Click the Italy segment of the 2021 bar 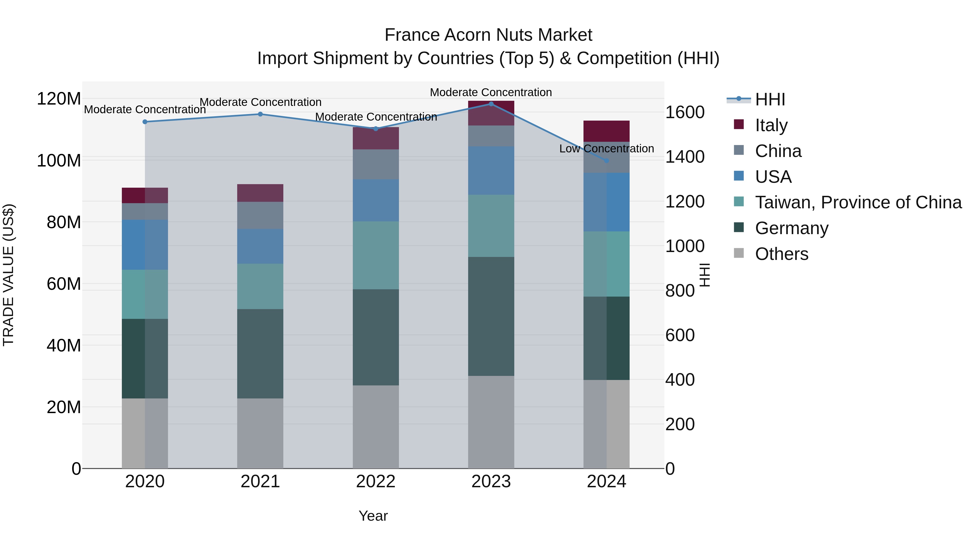tap(260, 193)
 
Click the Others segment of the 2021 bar tap(260, 433)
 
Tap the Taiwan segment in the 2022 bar tap(376, 255)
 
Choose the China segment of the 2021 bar tap(260, 215)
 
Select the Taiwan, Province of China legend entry tap(858, 203)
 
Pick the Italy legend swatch tap(739, 124)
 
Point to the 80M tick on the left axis tap(64, 222)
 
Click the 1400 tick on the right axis tap(685, 157)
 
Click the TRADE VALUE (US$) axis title tap(9, 275)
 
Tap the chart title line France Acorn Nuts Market tap(488, 35)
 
